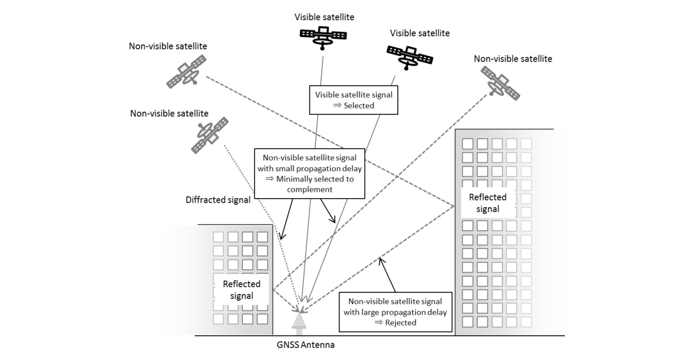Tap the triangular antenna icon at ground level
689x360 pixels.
coord(299,320)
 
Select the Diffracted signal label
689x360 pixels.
coord(218,200)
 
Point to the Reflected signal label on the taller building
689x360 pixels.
coord(487,203)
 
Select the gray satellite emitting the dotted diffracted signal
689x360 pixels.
coord(209,134)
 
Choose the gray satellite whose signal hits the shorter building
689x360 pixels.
coord(500,82)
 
